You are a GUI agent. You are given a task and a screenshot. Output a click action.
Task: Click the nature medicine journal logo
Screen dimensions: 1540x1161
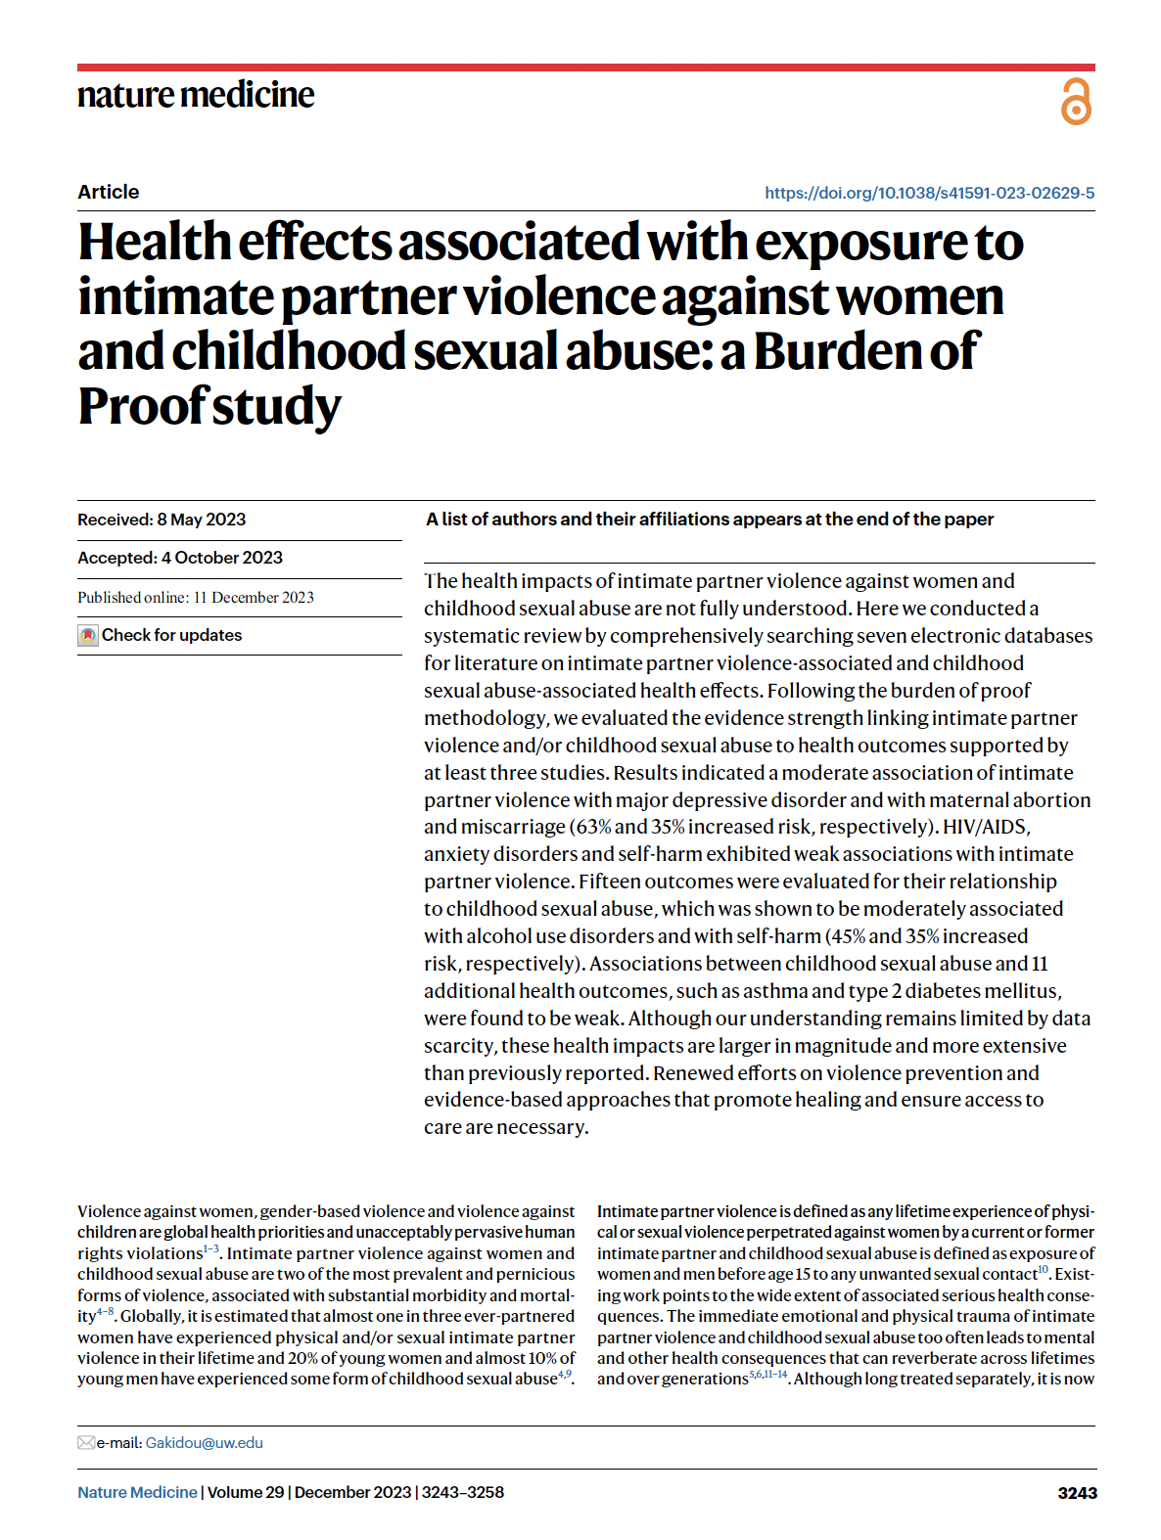(196, 95)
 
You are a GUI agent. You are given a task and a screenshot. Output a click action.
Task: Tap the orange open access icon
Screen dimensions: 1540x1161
(1076, 102)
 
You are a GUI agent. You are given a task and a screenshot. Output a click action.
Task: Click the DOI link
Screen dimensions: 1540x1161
(929, 193)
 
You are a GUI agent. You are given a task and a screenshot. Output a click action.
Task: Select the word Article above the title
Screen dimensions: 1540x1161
(109, 192)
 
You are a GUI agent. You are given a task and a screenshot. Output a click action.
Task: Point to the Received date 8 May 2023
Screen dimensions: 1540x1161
(162, 520)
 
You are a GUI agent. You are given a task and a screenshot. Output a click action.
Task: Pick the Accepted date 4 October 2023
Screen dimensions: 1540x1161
(180, 558)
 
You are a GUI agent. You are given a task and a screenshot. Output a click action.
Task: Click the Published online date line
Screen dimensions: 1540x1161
(196, 598)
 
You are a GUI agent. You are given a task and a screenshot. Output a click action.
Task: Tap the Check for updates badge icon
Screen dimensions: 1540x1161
(88, 636)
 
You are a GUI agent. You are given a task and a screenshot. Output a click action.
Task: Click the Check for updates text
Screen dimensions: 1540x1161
(172, 635)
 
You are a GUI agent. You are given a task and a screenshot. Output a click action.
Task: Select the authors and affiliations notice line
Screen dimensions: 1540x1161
(710, 520)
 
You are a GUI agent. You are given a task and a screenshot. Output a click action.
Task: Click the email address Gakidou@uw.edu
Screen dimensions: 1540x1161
(204, 1443)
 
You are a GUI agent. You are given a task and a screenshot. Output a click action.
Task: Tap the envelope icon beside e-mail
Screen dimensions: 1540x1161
(86, 1443)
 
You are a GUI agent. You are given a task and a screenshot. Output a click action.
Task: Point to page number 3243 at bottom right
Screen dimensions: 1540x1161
(1077, 1493)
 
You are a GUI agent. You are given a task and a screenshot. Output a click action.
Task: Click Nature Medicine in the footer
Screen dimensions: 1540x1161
(137, 1493)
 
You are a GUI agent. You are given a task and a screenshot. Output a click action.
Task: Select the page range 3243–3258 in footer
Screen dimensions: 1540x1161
(463, 1493)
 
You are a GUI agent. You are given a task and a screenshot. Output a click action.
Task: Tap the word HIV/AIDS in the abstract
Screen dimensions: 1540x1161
(986, 827)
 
